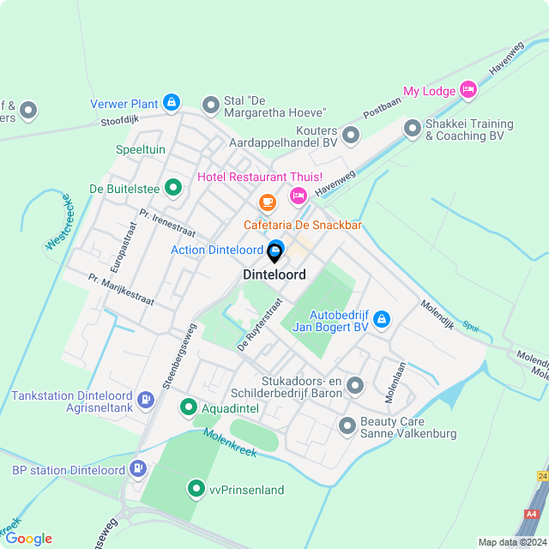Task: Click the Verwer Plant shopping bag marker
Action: (x=172, y=104)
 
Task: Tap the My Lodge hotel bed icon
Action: (x=468, y=89)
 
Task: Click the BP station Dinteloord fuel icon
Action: (x=136, y=469)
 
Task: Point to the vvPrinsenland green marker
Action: (x=196, y=489)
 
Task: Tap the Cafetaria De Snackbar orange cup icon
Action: (x=268, y=203)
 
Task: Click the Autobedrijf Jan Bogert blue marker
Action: (x=383, y=320)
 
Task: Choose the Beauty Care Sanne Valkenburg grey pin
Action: (x=347, y=425)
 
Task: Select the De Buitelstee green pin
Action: (x=173, y=187)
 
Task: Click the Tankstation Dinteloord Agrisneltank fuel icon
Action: (x=147, y=399)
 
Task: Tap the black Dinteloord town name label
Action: (x=274, y=275)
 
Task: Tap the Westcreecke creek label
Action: (x=58, y=222)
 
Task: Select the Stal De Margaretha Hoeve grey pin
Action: (x=211, y=106)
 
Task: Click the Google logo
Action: (x=28, y=538)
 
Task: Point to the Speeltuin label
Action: (x=140, y=149)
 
